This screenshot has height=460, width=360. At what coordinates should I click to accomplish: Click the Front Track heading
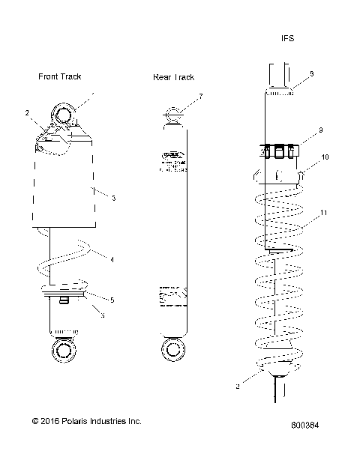[60, 76]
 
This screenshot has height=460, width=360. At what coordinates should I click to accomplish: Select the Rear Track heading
[173, 77]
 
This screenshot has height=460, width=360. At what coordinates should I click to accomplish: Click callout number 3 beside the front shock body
[112, 198]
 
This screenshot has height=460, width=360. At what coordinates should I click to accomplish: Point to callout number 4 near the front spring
[112, 260]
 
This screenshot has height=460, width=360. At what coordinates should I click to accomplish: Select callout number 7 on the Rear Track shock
[200, 97]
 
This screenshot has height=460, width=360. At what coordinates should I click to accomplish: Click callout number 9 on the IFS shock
[320, 130]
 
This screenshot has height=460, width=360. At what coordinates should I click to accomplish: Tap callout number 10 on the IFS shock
[325, 157]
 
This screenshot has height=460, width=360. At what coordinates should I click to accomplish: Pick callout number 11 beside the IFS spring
[323, 214]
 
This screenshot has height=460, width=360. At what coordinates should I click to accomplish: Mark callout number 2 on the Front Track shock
[27, 113]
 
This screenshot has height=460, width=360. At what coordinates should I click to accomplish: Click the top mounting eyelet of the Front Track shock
[63, 117]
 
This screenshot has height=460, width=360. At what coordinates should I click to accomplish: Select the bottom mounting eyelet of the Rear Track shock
[172, 349]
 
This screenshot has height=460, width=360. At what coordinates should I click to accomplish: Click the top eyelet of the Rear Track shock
[172, 116]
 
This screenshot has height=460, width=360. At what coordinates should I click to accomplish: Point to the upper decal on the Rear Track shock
[172, 164]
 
